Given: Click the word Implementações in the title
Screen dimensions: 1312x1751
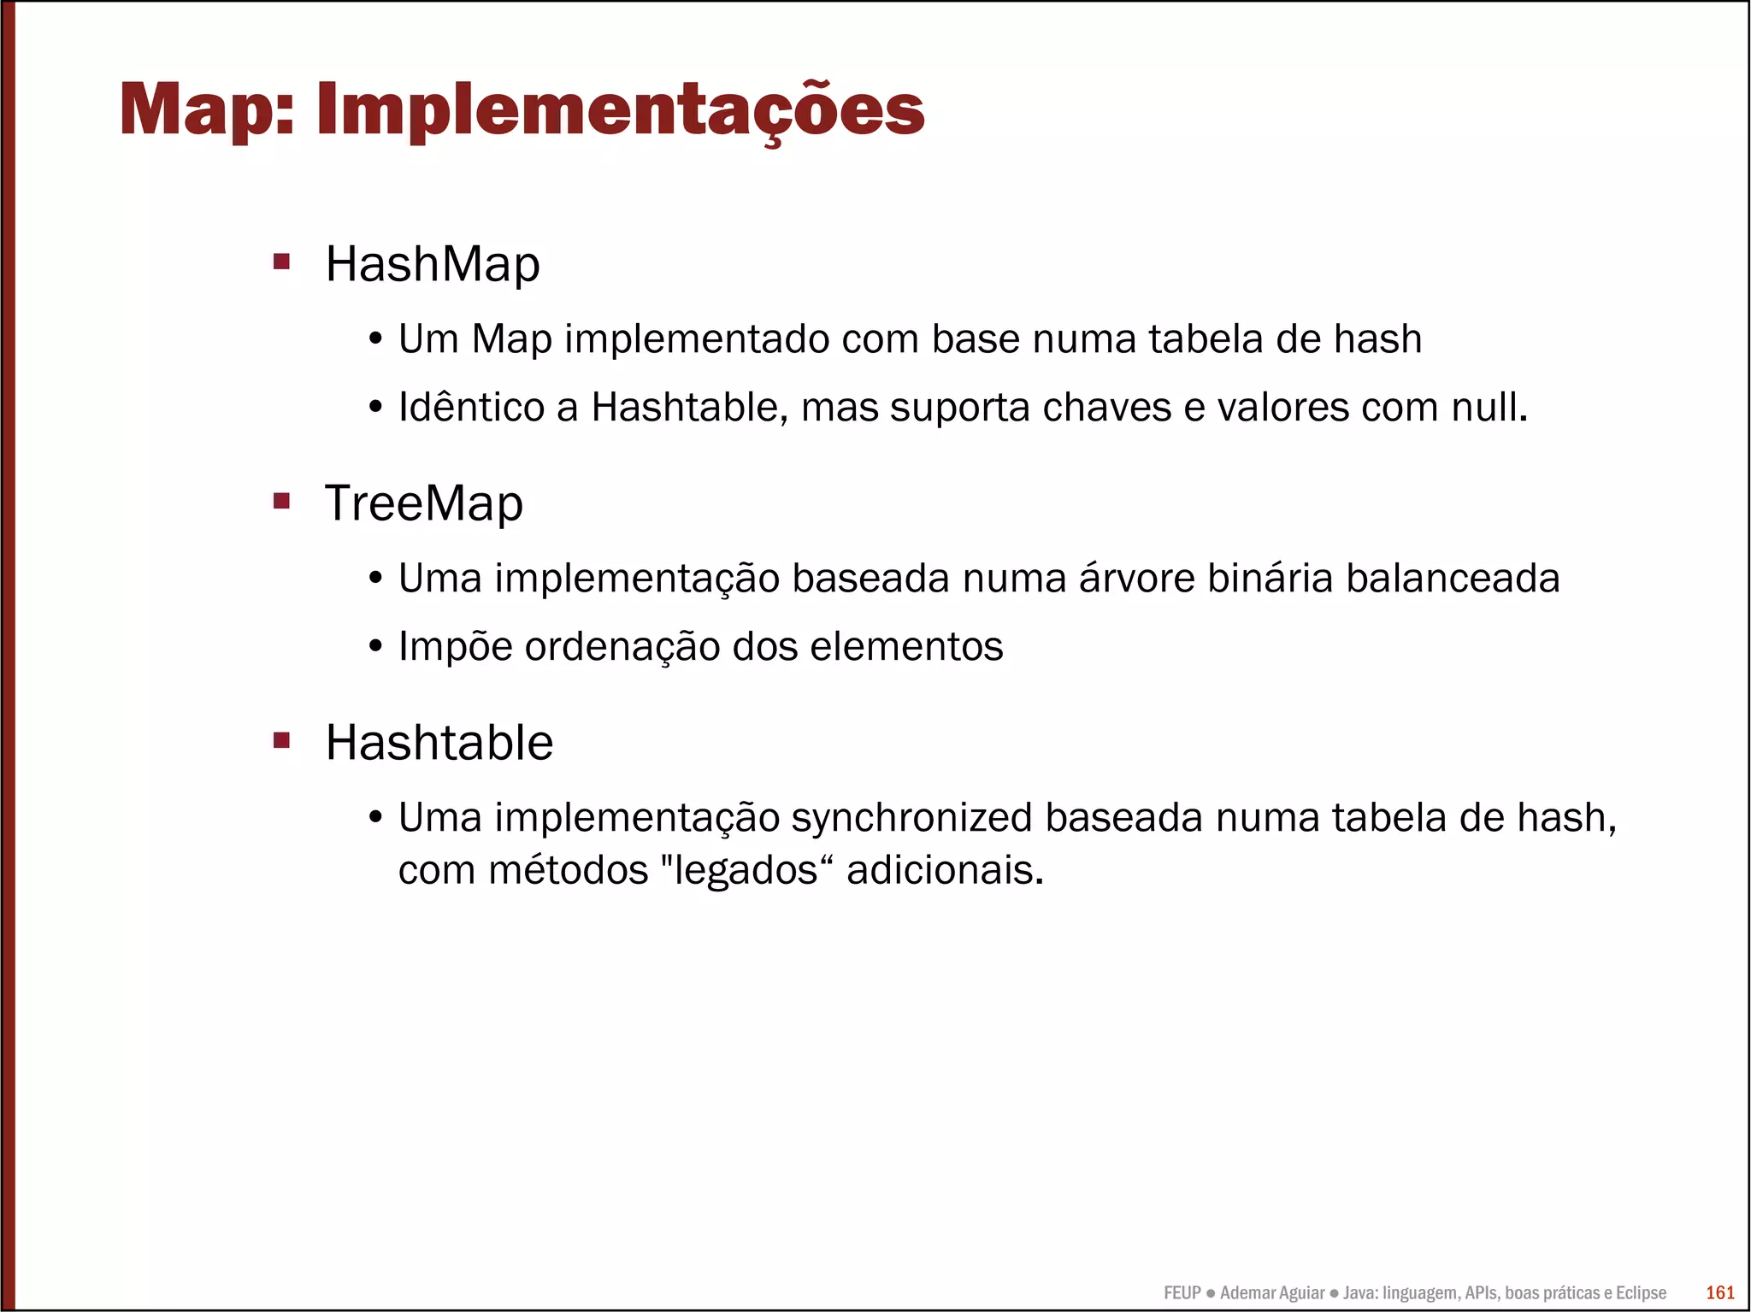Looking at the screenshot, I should point(620,110).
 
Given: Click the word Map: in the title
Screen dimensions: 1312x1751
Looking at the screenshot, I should point(208,110).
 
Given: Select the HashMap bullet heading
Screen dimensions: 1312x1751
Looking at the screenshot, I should point(433,264).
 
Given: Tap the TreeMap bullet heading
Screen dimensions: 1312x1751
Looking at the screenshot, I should point(424,503).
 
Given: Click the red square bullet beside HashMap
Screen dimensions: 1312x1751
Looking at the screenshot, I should point(281,261).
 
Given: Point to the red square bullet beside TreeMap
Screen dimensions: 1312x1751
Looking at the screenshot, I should point(281,500).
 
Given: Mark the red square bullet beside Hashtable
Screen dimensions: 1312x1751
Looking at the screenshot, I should point(281,739).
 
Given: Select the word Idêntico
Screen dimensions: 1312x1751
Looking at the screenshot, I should point(471,407).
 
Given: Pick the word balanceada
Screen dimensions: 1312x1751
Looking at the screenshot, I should point(1453,579).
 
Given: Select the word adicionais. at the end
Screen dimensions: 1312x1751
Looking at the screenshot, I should point(945,871).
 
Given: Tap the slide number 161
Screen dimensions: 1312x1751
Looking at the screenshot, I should point(1720,1292).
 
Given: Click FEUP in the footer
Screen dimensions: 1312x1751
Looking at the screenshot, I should point(1182,1292).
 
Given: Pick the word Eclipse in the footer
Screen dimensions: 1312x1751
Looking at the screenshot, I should point(1640,1292).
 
